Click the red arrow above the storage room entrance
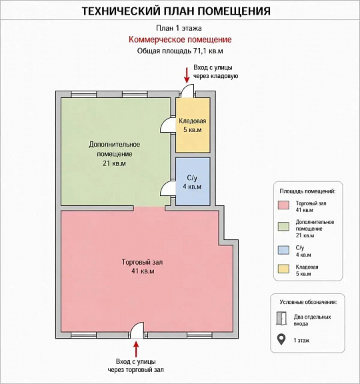tap(187, 75)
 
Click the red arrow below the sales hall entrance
tap(136, 349)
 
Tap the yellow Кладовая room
tap(193, 125)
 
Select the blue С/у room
tap(193, 181)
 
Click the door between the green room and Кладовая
tap(168, 125)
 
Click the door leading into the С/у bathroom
tap(168, 189)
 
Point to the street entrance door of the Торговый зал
tap(137, 330)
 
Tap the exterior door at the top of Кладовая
tap(188, 91)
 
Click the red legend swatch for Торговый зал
tap(283, 205)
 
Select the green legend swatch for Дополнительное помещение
tap(283, 226)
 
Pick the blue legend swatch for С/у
tap(283, 250)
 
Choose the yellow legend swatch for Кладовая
tap(283, 269)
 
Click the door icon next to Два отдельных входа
tap(281, 319)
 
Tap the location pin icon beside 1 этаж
tap(281, 340)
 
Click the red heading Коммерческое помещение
tap(180, 39)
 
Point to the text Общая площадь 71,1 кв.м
tap(180, 51)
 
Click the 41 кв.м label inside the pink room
tap(143, 271)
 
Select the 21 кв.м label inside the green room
tap(114, 163)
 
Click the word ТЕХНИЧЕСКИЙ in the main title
tap(121, 11)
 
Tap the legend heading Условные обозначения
tap(308, 302)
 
